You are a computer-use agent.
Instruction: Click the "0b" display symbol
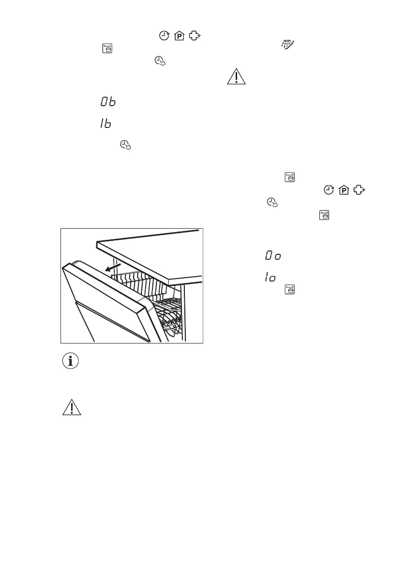pos(108,102)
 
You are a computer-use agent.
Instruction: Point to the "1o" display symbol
pos(270,277)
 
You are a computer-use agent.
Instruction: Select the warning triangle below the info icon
pos(71,408)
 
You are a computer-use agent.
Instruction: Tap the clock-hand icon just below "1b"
pos(125,144)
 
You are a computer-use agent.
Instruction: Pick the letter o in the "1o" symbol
pos(272,278)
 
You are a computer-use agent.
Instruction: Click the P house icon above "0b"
pos(178,35)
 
